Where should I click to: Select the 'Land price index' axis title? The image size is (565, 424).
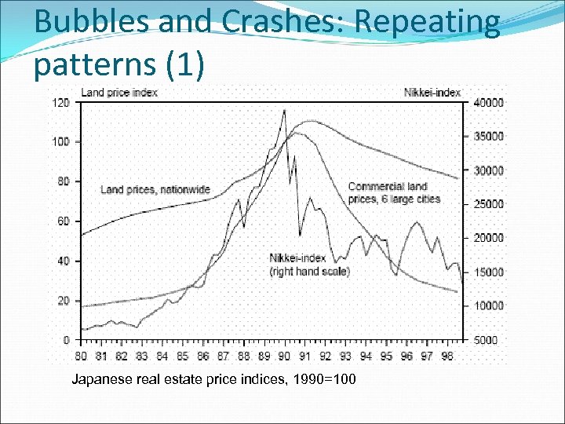point(119,93)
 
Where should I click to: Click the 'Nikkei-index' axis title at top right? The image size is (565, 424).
point(432,93)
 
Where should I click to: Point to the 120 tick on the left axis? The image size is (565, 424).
point(60,103)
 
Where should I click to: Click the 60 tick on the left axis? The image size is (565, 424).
point(64,221)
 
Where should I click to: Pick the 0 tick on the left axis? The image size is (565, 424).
point(67,340)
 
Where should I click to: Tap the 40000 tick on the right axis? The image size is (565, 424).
point(489,103)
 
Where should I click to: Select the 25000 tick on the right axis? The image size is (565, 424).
point(489,204)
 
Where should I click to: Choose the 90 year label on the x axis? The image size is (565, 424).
point(284,356)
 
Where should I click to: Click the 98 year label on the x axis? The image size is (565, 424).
point(447,356)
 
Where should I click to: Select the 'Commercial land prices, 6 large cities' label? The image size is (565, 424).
point(393,192)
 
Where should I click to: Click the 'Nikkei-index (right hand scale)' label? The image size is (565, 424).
point(309,265)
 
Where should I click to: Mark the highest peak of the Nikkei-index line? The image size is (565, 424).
point(284,111)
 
